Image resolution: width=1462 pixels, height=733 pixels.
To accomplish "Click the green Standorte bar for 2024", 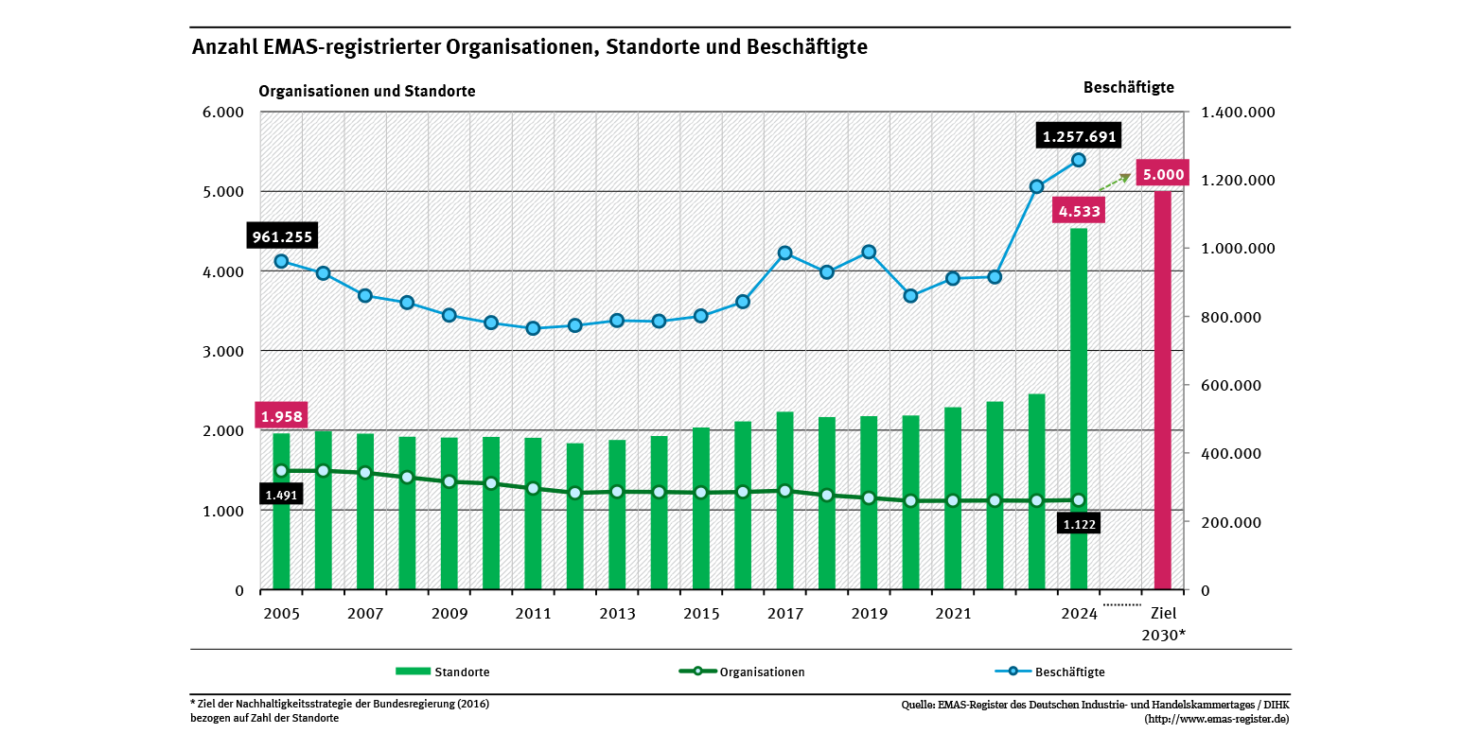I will click(x=1079, y=407).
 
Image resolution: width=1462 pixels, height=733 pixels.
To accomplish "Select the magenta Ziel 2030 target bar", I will click(x=1162, y=388).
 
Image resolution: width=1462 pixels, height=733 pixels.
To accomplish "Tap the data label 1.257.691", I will click(x=1079, y=136).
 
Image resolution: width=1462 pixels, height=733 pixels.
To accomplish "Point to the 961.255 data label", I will click(x=281, y=236).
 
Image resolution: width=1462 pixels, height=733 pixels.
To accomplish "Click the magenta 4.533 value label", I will click(x=1079, y=211).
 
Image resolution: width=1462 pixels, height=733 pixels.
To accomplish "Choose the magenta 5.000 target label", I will click(x=1162, y=174).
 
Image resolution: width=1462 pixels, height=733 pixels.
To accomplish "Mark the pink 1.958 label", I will click(x=281, y=415).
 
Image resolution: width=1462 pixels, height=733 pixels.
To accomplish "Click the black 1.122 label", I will click(x=1079, y=523).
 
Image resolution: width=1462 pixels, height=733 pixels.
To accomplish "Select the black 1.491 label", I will click(x=281, y=495).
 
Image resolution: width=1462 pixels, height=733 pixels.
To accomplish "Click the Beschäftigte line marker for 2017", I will click(x=784, y=253).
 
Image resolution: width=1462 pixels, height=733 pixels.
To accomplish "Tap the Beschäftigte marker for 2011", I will click(x=533, y=328).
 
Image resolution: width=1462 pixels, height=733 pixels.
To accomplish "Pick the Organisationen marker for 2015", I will click(x=701, y=493).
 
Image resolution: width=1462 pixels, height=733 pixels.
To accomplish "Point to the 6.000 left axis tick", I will click(x=224, y=112).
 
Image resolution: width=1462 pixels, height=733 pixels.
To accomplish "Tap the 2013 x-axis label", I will click(x=617, y=614).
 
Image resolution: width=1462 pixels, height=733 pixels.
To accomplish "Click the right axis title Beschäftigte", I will click(x=1128, y=87).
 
